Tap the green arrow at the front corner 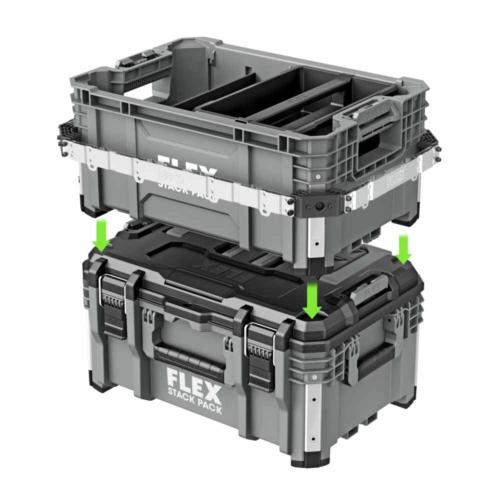[x=312, y=300]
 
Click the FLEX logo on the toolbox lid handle [x=370, y=289]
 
